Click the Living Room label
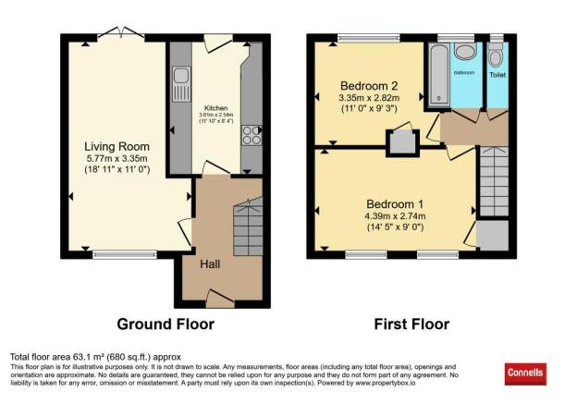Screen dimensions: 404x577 (117, 146)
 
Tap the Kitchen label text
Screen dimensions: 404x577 (215, 119)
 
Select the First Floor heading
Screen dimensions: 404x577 (411, 324)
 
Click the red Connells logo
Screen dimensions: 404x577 (524, 373)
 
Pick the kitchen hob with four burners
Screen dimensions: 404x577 (250, 137)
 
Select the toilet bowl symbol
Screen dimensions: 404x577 (497, 54)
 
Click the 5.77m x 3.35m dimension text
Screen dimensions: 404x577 (117, 159)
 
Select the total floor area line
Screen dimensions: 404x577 (95, 356)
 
